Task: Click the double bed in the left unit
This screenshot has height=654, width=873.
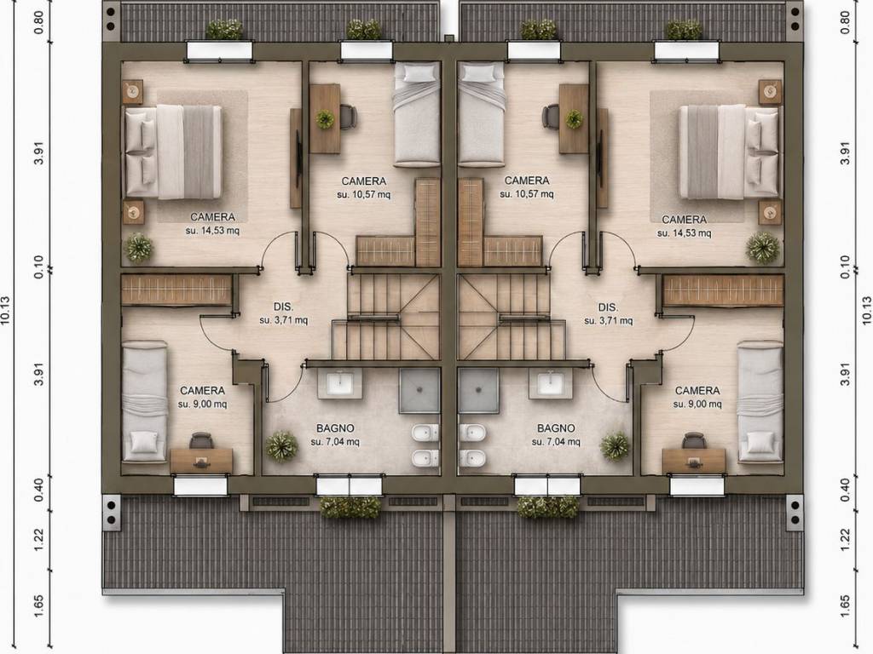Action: [174, 152]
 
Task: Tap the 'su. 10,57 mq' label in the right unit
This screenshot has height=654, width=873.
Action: [527, 194]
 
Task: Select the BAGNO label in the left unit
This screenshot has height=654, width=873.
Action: [335, 428]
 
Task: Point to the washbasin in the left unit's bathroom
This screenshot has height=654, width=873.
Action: [339, 384]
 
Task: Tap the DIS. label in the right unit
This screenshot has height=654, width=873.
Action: [608, 307]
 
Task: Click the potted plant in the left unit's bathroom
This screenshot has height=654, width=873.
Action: [281, 446]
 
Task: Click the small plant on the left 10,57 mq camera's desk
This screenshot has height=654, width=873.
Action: [325, 118]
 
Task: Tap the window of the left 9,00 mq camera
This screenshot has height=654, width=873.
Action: [200, 486]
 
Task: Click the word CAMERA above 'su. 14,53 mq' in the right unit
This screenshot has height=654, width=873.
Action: [685, 220]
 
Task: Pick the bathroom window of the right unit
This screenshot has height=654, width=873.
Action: [547, 486]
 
